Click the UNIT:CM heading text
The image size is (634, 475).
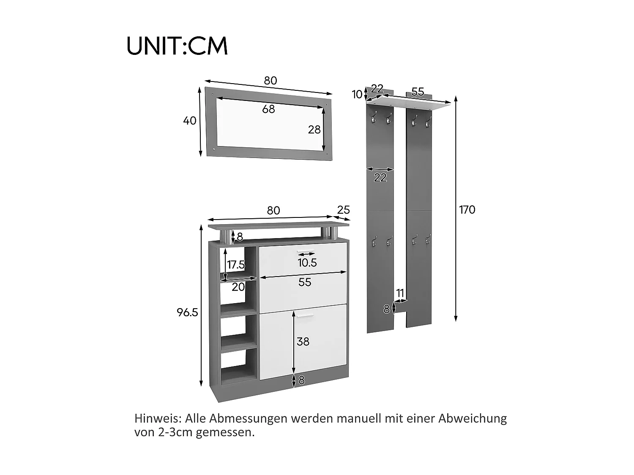coord(177,46)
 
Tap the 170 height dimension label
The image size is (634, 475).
coord(467,210)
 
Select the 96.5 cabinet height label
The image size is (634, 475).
coord(188,312)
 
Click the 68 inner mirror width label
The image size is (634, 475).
coord(268,109)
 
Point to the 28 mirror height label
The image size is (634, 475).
coord(314,130)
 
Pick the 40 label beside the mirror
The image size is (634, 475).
coord(190,121)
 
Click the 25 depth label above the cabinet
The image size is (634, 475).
coord(344,210)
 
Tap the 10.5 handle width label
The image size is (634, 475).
coord(307,263)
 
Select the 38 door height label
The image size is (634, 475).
coord(303,342)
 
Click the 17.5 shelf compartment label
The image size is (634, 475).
coord(236,264)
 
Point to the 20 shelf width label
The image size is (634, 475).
coord(238,287)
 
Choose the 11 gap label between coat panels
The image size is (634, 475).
coord(400,293)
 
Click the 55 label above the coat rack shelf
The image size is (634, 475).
coord(418,92)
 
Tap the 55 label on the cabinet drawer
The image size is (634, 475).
coord(305,282)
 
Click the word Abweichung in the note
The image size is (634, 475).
coord(473,418)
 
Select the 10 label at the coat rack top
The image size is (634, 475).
coord(357,94)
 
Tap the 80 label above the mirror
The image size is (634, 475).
coord(271,81)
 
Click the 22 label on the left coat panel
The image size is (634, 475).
coord(380,178)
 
